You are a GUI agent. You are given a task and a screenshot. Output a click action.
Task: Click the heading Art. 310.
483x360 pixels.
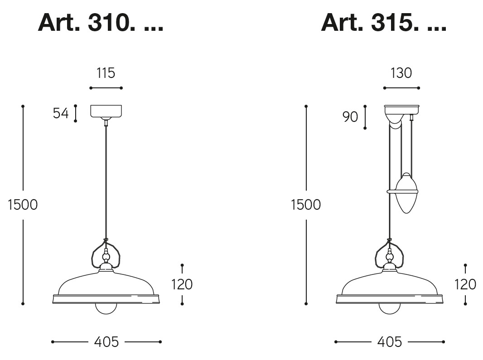pos(100,22)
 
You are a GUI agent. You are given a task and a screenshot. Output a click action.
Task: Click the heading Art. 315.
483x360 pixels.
pos(383,22)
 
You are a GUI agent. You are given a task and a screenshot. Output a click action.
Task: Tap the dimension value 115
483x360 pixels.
pos(106,73)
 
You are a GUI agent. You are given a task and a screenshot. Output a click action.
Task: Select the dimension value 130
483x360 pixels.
pos(401,73)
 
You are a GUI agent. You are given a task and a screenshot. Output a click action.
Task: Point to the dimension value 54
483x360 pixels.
pos(61,113)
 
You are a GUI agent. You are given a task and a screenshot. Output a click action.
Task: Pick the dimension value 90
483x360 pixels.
pos(350,117)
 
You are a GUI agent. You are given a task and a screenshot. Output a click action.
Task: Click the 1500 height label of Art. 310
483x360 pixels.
pos(23,205)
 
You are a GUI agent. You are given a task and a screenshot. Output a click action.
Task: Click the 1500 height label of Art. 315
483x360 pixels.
pos(306,205)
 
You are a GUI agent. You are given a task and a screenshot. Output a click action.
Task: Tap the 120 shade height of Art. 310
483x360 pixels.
pos(182,284)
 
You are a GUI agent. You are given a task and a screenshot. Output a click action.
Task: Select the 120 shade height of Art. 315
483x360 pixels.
pos(465,284)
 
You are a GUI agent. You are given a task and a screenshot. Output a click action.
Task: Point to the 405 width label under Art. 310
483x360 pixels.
pos(106,342)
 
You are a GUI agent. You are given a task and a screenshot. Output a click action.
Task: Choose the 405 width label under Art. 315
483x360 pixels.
pos(390,342)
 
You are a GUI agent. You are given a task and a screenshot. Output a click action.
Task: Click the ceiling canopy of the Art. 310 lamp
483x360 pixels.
pos(106,111)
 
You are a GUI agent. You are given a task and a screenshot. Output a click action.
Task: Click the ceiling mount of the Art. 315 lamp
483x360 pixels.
pos(401,110)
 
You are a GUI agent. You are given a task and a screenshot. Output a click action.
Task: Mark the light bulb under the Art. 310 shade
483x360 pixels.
pos(106,308)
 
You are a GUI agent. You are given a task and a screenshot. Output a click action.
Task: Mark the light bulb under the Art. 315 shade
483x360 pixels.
pos(390,308)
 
